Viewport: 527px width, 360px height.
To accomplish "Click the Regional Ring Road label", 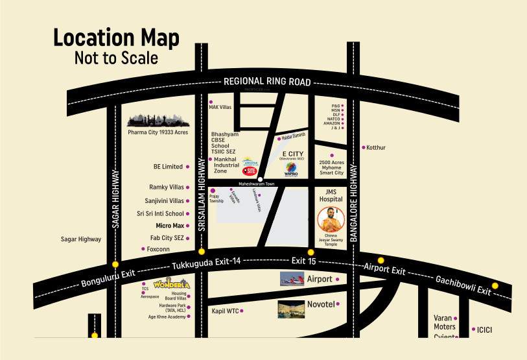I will pos(267,82).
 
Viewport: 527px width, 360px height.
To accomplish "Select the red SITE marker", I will pos(250,171).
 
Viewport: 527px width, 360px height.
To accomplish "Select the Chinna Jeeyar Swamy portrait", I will pos(331,219).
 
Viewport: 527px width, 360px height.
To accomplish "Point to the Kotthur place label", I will pos(376,148).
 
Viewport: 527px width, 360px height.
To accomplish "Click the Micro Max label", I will pos(170,226).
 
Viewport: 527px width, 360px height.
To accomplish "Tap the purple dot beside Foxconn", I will pos(143,248).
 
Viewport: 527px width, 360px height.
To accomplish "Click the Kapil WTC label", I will pos(225,311).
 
